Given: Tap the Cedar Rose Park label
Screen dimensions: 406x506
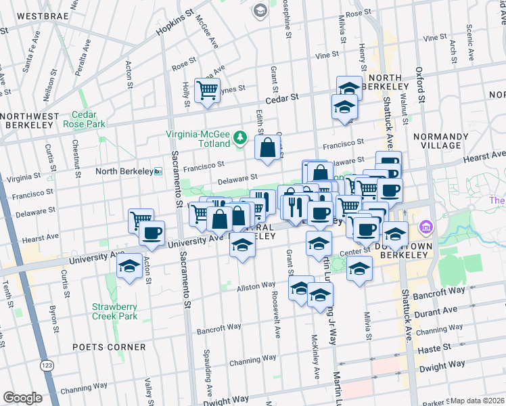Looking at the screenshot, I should (x=84, y=119).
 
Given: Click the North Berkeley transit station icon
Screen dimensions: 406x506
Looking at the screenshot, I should (x=158, y=171).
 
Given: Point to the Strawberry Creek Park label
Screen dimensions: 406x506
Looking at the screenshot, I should (x=115, y=311).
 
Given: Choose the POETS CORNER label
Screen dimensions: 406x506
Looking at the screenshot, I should (x=109, y=347).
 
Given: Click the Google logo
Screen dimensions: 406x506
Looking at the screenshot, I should (x=22, y=398).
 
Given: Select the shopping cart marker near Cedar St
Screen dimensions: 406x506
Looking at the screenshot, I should (x=207, y=90).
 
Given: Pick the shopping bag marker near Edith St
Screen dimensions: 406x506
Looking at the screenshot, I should (x=268, y=148).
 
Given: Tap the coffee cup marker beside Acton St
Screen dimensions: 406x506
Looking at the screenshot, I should (x=152, y=233).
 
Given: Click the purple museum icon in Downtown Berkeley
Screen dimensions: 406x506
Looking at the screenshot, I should (x=427, y=226).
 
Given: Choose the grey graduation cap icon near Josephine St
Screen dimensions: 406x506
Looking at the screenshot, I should (x=260, y=10).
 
